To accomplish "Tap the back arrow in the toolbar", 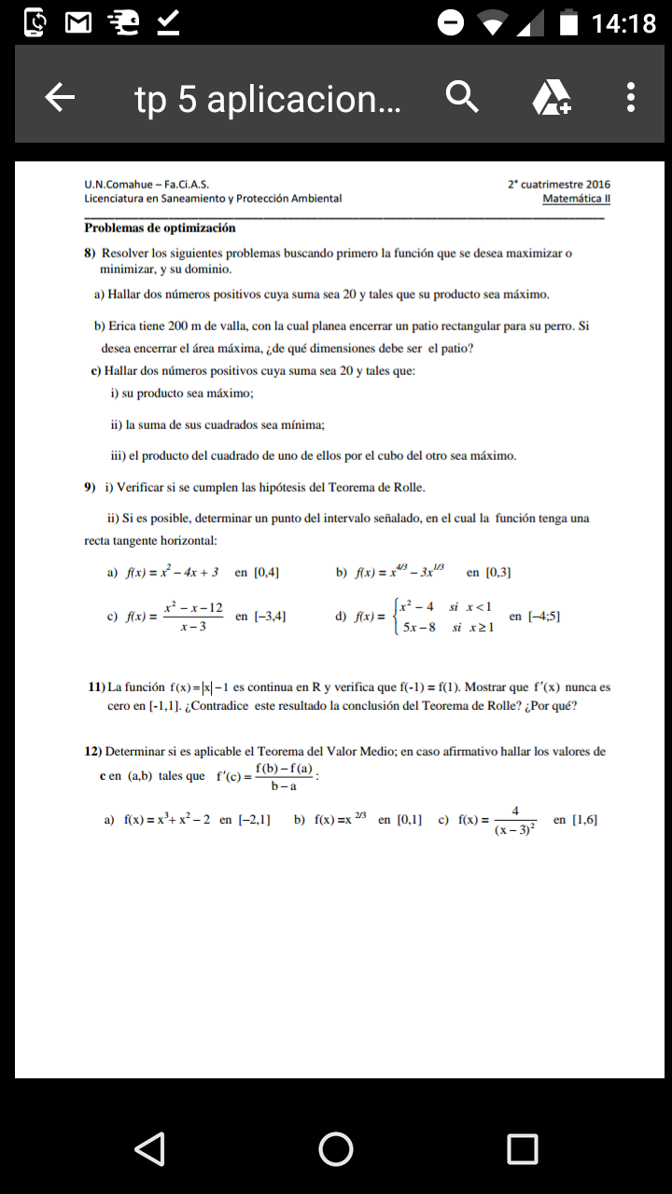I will (x=60, y=97).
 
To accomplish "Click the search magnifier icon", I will (x=462, y=96).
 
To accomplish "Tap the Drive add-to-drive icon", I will (x=551, y=97).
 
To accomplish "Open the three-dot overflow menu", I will (x=632, y=97).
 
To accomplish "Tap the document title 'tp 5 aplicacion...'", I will (x=268, y=99).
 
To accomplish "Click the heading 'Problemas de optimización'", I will (x=160, y=228).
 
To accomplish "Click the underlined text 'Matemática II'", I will (x=576, y=199).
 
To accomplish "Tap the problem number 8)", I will (x=90, y=253).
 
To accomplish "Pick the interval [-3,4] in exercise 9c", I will (x=270, y=616).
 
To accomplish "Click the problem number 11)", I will (x=96, y=687).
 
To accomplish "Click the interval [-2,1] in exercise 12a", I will (x=255, y=820).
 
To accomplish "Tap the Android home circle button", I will (x=336, y=1148).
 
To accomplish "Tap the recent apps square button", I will (x=523, y=1148).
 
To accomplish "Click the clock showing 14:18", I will (x=624, y=22).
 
